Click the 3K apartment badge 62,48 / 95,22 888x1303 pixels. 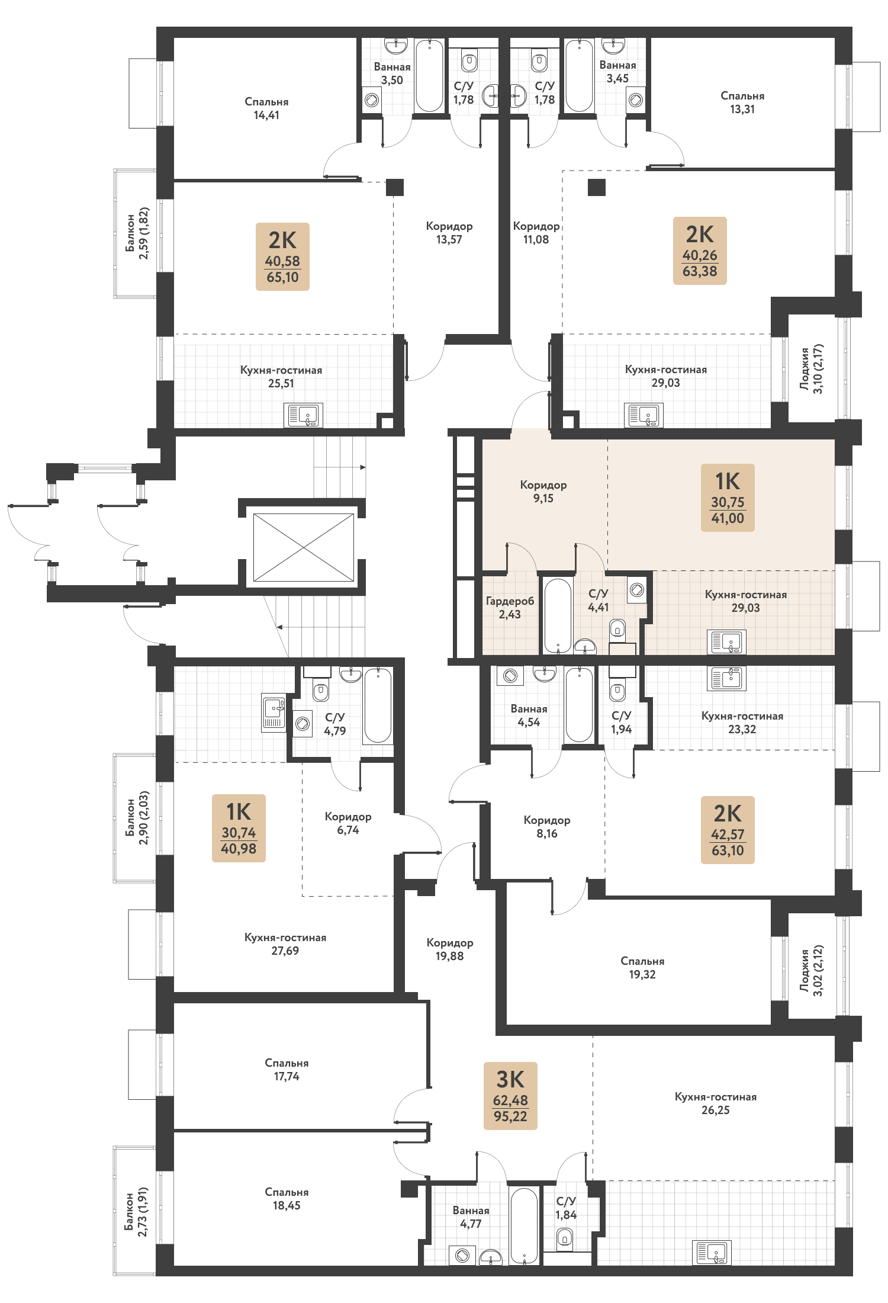click(510, 1096)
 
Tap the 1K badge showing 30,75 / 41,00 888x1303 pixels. click(728, 498)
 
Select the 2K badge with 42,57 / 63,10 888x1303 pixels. click(728, 830)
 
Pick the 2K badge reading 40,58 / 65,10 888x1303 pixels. click(282, 256)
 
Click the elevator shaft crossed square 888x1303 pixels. click(304, 547)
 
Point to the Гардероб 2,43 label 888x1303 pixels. click(510, 608)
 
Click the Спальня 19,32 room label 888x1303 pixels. click(642, 968)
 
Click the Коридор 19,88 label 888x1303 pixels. click(450, 949)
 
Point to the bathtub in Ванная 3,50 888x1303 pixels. click(429, 75)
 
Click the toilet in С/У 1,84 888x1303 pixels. click(565, 1237)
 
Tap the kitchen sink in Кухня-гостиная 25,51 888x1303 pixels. click(303, 415)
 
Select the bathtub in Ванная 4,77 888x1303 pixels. click(524, 1226)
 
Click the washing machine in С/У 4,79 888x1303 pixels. click(303, 723)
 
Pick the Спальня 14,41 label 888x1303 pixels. click(266, 108)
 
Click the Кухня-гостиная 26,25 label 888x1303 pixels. click(716, 1103)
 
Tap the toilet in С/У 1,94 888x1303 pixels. click(617, 691)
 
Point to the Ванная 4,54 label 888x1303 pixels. click(529, 715)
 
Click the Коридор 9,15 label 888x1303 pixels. click(543, 492)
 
